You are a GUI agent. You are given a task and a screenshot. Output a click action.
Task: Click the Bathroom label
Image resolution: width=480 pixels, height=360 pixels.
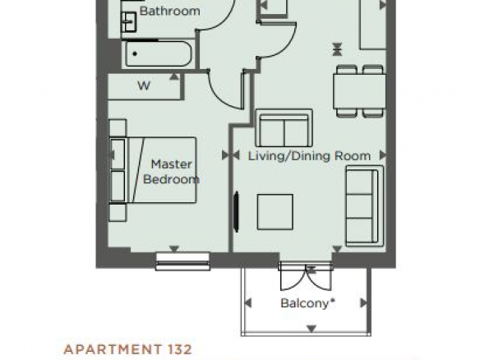(169, 12)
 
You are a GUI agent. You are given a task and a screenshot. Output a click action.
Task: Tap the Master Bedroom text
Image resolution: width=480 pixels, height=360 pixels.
(172, 172)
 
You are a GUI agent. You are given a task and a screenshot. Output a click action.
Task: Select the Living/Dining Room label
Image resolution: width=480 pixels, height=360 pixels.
(309, 156)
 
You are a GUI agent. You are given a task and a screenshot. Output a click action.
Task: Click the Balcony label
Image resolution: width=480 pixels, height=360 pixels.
(307, 303)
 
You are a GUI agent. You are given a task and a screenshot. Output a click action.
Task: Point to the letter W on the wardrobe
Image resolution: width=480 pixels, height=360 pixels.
(144, 85)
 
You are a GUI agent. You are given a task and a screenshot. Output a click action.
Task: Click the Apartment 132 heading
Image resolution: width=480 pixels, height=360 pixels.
(128, 349)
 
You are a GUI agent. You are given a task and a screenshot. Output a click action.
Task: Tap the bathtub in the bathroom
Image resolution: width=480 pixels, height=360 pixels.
(158, 54)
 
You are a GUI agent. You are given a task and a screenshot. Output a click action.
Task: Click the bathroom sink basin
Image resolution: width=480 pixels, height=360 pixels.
(129, 22)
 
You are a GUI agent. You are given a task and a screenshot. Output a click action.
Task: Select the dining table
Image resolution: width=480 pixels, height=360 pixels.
(359, 91)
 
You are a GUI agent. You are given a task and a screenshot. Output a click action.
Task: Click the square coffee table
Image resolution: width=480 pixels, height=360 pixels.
(275, 212)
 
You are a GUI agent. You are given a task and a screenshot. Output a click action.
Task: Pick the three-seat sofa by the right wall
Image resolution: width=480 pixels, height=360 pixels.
(364, 206)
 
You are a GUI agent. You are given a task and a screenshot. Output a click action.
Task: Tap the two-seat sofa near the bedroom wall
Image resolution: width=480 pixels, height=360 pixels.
(284, 128)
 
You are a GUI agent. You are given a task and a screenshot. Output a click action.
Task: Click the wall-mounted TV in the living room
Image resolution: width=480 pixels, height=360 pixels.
(236, 211)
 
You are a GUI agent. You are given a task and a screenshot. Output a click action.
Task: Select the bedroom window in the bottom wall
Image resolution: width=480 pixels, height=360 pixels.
(182, 261)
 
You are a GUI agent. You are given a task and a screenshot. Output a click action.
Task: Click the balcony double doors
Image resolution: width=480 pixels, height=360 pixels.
(306, 276)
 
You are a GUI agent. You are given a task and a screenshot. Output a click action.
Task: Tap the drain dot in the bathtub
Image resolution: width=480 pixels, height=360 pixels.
(135, 54)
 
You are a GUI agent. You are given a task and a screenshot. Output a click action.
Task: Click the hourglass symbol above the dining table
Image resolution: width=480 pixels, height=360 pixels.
(337, 49)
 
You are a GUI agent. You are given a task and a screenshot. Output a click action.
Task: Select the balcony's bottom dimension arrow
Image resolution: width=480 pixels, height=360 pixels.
(312, 329)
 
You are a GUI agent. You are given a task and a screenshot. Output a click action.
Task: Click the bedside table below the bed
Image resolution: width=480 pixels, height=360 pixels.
(118, 212)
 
